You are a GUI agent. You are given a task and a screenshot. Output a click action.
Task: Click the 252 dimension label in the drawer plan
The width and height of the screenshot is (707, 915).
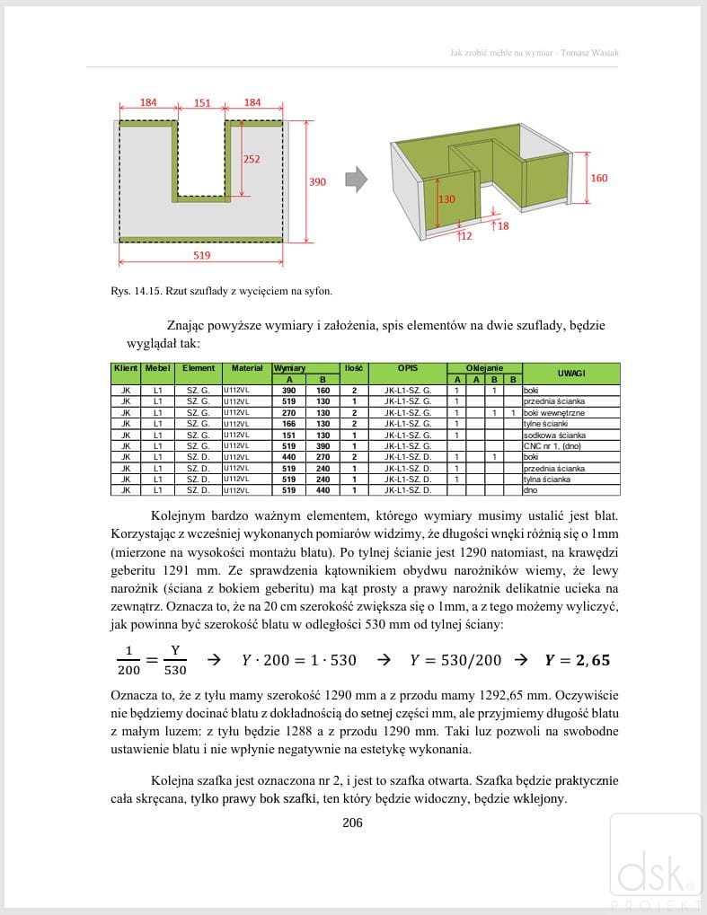point(252,159)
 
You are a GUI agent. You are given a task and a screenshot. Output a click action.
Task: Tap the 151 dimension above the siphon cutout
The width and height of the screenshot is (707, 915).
point(202,103)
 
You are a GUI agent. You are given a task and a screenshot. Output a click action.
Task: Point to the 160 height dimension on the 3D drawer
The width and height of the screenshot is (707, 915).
point(598,178)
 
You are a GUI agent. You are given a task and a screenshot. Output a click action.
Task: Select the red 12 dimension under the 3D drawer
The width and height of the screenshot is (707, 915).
point(464,236)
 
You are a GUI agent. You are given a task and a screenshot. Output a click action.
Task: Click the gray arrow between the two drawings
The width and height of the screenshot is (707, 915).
point(357,179)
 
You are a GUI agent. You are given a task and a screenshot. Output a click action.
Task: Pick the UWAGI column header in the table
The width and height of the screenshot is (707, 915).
point(570,373)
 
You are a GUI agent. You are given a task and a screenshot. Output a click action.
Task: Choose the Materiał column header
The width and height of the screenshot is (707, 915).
point(246,368)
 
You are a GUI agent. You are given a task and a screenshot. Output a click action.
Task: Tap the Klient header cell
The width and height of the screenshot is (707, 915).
point(125,368)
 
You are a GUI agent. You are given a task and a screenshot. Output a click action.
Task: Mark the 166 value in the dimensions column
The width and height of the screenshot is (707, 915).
point(289,424)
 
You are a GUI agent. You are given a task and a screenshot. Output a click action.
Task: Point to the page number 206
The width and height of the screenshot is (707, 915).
point(353,823)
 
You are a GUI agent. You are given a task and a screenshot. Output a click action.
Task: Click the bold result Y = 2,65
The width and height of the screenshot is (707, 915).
point(577,660)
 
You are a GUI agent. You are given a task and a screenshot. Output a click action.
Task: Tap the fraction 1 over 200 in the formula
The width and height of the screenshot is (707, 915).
point(128,660)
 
